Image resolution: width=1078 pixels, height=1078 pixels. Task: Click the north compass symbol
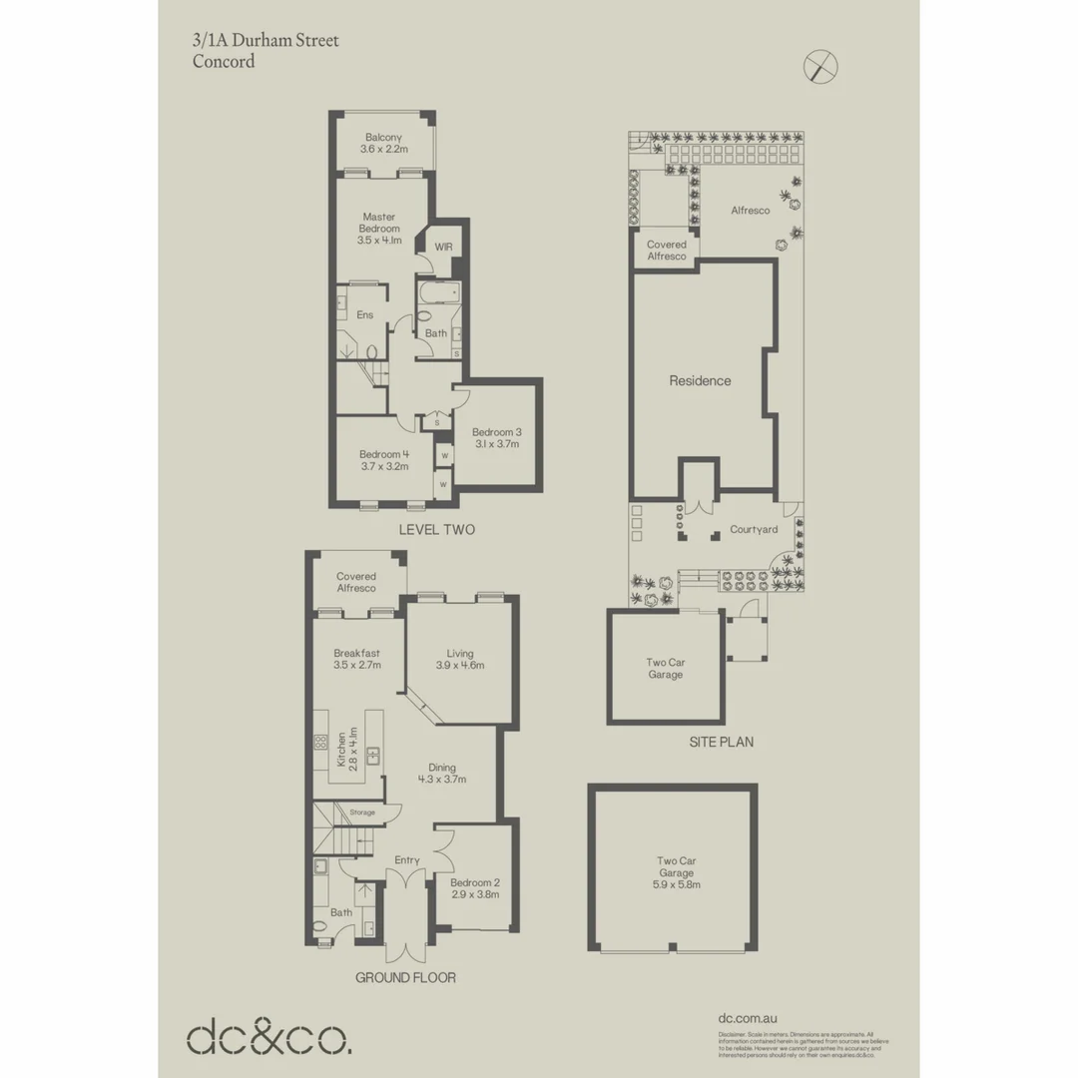pyautogui.click(x=820, y=68)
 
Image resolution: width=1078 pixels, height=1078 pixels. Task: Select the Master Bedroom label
pyautogui.click(x=380, y=229)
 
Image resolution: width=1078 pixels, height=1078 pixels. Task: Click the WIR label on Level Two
pyautogui.click(x=443, y=247)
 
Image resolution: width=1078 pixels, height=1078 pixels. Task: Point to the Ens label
pyautogui.click(x=365, y=315)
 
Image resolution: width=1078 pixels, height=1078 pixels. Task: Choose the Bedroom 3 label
pyautogui.click(x=497, y=438)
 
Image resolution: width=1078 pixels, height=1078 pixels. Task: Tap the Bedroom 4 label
pyautogui.click(x=384, y=459)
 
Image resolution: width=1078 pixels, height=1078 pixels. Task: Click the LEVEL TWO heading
pyautogui.click(x=436, y=530)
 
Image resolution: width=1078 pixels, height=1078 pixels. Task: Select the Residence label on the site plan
pyautogui.click(x=700, y=380)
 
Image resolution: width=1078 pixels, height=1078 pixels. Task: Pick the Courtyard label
pyautogui.click(x=754, y=529)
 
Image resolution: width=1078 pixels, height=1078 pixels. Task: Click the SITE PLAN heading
pyautogui.click(x=721, y=742)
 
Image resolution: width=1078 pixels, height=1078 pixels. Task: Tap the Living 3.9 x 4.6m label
pyautogui.click(x=460, y=660)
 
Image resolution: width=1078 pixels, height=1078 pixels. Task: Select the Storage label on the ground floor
pyautogui.click(x=362, y=812)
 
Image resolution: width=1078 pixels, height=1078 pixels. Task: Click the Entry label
pyautogui.click(x=407, y=860)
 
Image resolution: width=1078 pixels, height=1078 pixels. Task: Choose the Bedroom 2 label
pyautogui.click(x=474, y=888)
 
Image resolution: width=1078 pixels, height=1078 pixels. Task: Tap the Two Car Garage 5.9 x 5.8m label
pyautogui.click(x=676, y=872)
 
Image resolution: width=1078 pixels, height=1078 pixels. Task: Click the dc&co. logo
pyautogui.click(x=269, y=1037)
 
